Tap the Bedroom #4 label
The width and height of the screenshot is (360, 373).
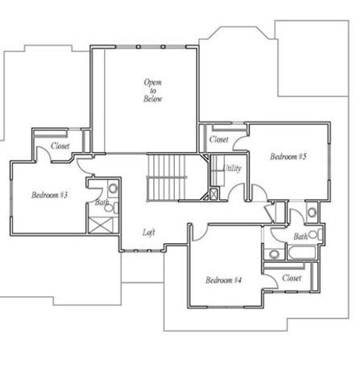pyautogui.click(x=225, y=281)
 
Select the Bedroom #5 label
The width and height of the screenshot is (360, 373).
pyautogui.click(x=288, y=157)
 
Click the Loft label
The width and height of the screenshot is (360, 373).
pyautogui.click(x=149, y=232)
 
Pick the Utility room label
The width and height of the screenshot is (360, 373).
pyautogui.click(x=232, y=169)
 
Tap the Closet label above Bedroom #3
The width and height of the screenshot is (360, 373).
pyautogui.click(x=61, y=146)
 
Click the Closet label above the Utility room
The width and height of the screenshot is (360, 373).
pyautogui.click(x=218, y=140)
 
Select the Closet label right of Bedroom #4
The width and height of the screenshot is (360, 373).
pyautogui.click(x=292, y=277)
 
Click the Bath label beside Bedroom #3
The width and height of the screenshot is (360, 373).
pyautogui.click(x=101, y=204)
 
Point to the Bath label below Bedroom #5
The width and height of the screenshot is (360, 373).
pyautogui.click(x=299, y=236)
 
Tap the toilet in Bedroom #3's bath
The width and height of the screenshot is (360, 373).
pyautogui.click(x=110, y=207)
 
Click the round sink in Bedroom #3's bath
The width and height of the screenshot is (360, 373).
pyautogui.click(x=112, y=189)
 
